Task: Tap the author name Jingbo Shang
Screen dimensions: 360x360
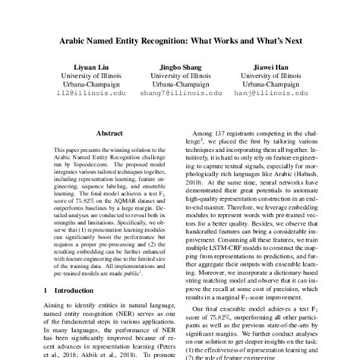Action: [x=180, y=67]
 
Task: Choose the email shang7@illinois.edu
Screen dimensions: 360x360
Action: [x=180, y=96]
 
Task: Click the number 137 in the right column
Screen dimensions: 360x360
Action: [x=236, y=133]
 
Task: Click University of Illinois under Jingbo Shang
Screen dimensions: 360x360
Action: [x=180, y=77]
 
